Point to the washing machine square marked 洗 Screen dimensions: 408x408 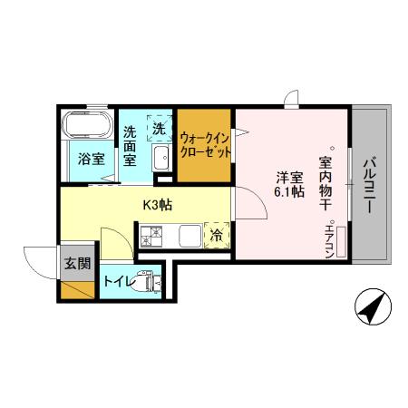(160, 128)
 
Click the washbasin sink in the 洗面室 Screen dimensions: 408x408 (160, 160)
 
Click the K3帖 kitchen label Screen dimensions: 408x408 (157, 205)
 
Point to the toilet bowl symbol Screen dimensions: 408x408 (145, 284)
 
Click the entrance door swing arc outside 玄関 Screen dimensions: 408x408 (41, 263)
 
